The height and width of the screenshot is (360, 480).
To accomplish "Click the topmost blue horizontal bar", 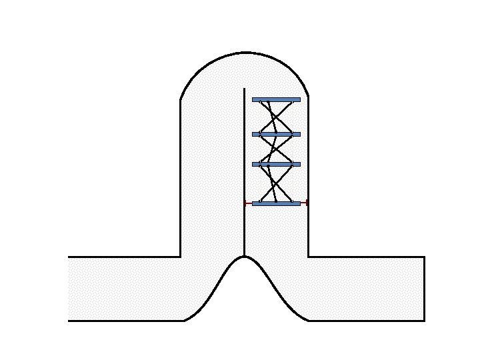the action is click(276, 99).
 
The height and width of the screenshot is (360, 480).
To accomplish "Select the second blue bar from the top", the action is click(276, 134).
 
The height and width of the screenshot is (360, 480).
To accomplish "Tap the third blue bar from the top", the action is click(276, 164).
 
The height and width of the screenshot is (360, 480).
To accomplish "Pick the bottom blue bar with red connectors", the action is click(276, 203).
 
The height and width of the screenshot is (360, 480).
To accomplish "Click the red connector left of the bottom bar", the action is click(248, 203).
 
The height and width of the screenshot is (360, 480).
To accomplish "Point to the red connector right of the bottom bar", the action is click(304, 203).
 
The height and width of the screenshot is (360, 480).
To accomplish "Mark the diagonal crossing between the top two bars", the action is click(275, 117).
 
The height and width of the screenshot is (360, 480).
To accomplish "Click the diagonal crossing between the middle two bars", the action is click(276, 149).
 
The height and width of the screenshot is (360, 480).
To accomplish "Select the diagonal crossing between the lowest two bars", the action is click(276, 184).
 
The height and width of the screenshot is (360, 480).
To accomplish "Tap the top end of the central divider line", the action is click(245, 88).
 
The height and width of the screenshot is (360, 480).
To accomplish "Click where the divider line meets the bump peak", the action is click(245, 256).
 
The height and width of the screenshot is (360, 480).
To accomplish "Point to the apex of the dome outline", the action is click(245, 52).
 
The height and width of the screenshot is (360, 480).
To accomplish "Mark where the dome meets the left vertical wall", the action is click(181, 100).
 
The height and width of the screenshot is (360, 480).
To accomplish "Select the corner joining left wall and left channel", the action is click(181, 257).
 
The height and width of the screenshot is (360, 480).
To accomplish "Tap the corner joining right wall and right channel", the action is click(308, 257).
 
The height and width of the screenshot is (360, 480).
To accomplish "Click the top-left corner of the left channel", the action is click(68, 257).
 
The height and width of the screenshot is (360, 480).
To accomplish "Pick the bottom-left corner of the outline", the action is click(68, 321).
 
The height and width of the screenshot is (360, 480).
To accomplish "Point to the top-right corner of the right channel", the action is click(424, 257).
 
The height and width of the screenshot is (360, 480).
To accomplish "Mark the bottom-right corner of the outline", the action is click(424, 321).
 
